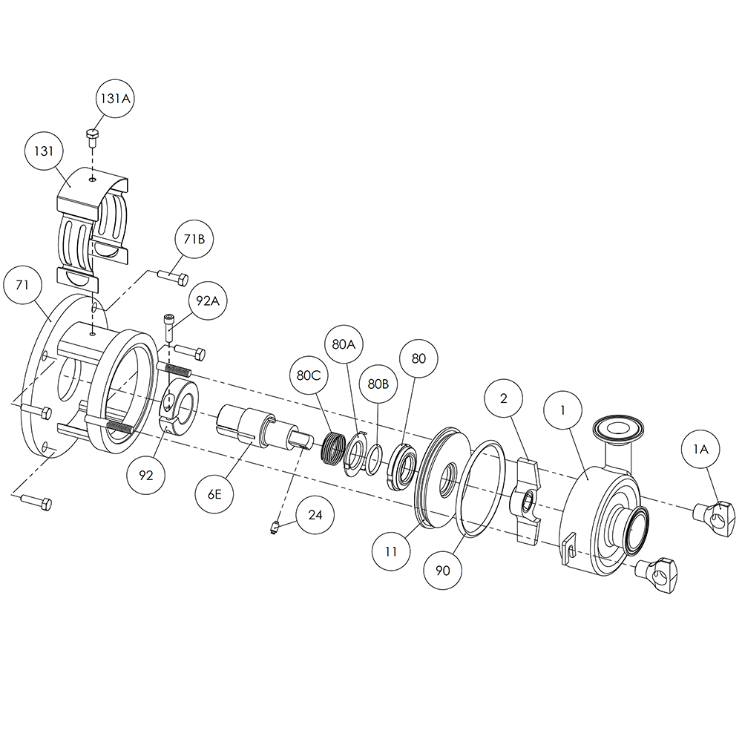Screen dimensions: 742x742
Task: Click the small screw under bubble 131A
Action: [x=93, y=136]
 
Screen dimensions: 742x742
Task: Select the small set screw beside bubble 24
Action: [x=275, y=528]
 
